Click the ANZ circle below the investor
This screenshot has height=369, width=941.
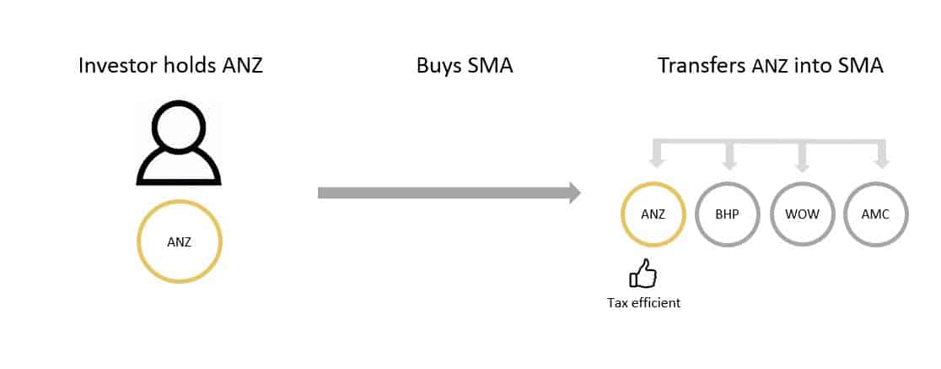coord(179,242)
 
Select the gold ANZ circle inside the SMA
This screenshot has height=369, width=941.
coord(653,214)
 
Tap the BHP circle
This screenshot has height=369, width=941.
coord(728,214)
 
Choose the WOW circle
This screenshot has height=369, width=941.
coord(802,214)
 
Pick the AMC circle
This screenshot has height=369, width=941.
coord(876,214)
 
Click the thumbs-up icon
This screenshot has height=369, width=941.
coord(643,274)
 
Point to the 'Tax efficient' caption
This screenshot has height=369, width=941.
coord(643,302)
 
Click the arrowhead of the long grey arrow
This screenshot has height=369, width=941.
coord(575,193)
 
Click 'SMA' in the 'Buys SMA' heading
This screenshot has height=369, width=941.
coord(491,66)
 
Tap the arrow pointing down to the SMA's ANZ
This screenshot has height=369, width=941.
coord(653,160)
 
